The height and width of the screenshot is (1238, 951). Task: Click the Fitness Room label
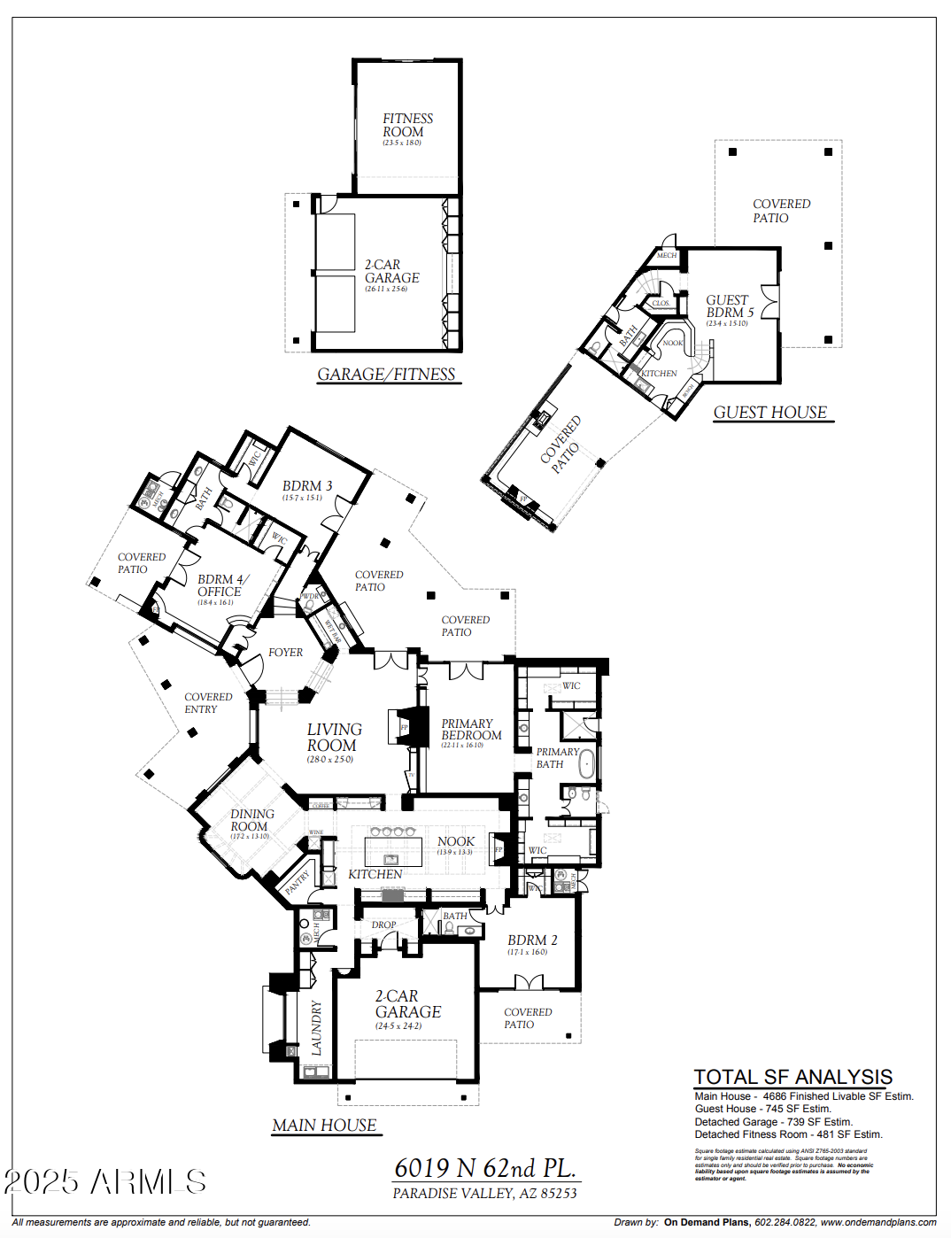coord(406,126)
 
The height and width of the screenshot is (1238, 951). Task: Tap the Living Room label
coord(333,738)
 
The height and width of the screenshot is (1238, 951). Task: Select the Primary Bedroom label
coord(470,730)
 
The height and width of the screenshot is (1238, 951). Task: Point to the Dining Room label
coord(251,820)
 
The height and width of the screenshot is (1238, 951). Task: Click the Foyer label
coord(285,653)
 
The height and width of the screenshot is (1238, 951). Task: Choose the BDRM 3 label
coord(306,486)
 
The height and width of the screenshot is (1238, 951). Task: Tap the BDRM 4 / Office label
coord(221,585)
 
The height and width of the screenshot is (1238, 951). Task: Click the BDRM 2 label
coord(531,940)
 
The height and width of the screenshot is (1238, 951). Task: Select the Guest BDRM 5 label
coord(729,306)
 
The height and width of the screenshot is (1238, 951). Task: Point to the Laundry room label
coord(316,1027)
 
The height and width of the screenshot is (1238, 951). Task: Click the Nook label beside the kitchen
coord(455,841)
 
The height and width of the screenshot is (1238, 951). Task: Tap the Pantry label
coord(298,882)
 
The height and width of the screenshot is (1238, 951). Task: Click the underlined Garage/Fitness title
coord(386,375)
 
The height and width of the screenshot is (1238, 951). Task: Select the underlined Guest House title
coord(770,413)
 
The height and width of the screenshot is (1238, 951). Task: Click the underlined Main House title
coord(324,1126)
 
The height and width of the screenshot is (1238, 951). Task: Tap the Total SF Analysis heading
coord(792,1077)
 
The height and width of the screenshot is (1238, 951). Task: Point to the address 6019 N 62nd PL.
coord(484,1168)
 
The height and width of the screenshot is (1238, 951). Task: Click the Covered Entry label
coord(207,703)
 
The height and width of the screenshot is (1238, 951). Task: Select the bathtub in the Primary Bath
coord(586,763)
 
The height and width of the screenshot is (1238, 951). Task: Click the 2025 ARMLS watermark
coord(104,1182)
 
